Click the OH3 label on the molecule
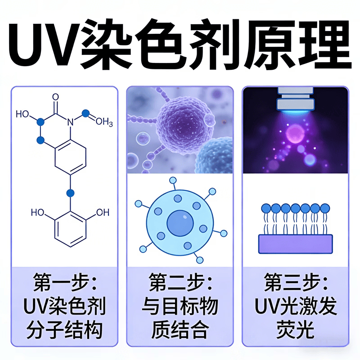point(104,121)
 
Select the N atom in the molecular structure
point(70,122)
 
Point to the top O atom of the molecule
point(55,97)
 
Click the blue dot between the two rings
point(70,193)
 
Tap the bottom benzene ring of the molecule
point(70,229)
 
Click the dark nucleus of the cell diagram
point(180,223)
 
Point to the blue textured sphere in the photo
point(214,156)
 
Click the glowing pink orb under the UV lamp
point(295,134)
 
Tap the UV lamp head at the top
point(296,100)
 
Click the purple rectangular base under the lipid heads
point(296,244)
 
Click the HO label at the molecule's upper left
point(22,114)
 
